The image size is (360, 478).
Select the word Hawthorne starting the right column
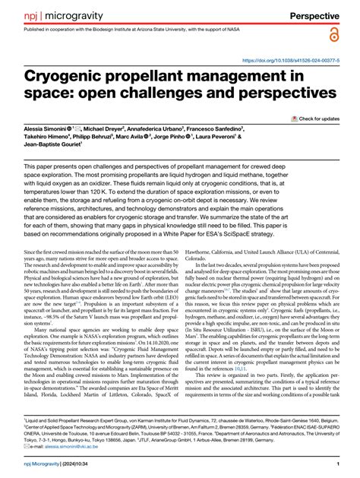pos(201,252)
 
